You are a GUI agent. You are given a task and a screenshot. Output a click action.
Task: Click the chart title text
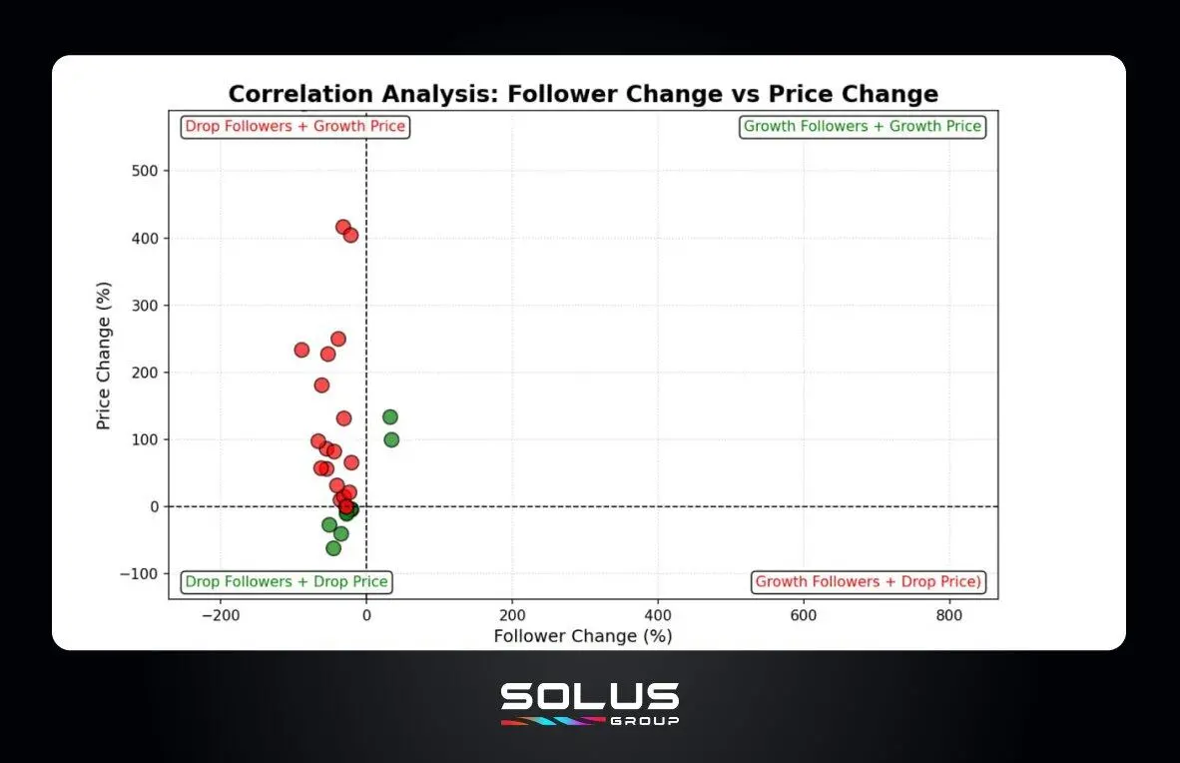[x=583, y=94]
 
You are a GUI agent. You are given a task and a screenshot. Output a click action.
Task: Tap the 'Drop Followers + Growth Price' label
[x=295, y=127]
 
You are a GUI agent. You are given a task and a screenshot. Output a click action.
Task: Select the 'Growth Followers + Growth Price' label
[x=863, y=127]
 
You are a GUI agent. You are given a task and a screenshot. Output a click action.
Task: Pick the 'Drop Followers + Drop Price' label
[x=287, y=581]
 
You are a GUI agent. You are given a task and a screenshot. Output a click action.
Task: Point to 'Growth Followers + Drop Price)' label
[x=869, y=581]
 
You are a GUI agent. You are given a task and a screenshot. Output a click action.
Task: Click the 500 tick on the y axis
[x=145, y=171]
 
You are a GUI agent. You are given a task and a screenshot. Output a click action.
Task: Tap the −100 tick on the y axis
[x=141, y=573]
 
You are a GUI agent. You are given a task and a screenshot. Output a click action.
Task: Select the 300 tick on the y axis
[x=145, y=306]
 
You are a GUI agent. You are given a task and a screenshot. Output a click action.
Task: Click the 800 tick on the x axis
[x=949, y=616]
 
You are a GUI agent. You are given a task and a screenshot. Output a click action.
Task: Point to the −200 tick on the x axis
[x=220, y=616]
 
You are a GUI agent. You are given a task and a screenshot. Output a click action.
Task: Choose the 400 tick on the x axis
[x=658, y=616]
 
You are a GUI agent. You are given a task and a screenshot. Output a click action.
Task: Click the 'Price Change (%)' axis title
[x=103, y=356]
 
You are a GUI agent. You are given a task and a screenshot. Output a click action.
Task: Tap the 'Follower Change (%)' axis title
[x=583, y=636]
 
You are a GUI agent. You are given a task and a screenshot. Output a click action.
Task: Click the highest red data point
[x=343, y=227]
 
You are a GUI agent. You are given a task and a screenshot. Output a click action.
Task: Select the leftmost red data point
[x=301, y=350]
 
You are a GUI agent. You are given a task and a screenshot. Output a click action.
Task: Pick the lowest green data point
[x=333, y=548]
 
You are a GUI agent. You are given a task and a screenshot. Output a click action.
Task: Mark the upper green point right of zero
[x=390, y=416]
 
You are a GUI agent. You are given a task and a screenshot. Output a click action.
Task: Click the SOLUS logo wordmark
[x=590, y=696]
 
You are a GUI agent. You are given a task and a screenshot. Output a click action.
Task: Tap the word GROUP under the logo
[x=645, y=720]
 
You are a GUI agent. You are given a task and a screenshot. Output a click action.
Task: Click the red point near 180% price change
[x=321, y=385]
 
